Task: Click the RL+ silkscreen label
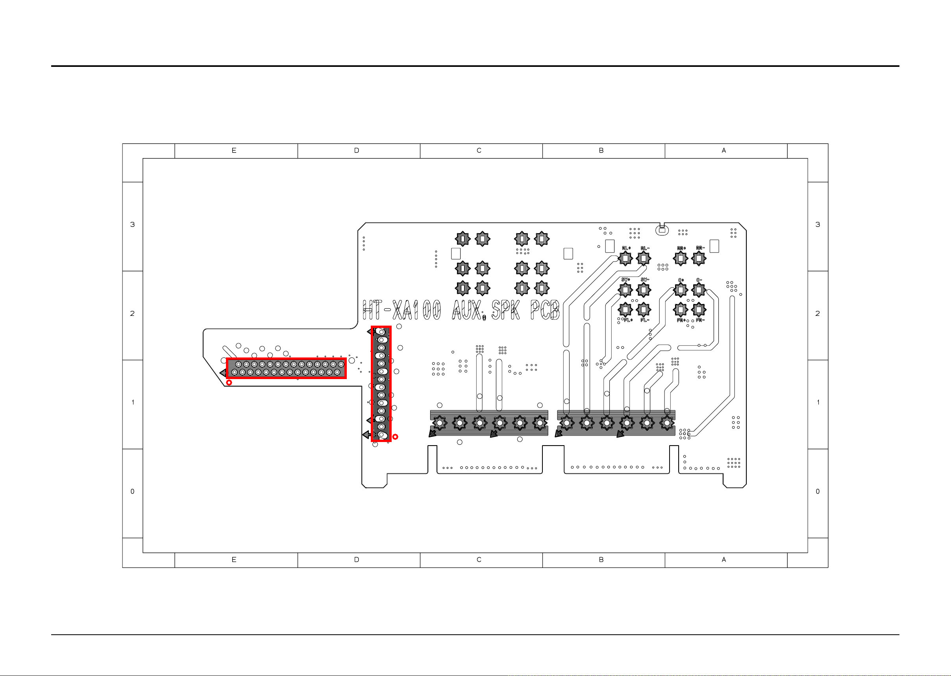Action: [x=626, y=248]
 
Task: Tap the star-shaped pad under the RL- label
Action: [x=644, y=258]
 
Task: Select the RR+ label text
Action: [x=681, y=248]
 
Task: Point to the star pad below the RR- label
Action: [x=699, y=258]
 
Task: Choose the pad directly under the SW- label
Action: [x=644, y=290]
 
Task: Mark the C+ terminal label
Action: [x=681, y=280]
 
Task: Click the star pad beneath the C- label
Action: [x=699, y=290]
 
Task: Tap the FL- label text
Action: [x=645, y=320]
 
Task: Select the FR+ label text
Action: [x=681, y=320]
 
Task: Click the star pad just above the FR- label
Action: [x=699, y=309]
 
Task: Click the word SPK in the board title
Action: [x=506, y=310]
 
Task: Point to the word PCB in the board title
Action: [x=545, y=310]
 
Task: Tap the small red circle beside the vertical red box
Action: [x=395, y=437]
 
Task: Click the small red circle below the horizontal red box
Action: [x=229, y=383]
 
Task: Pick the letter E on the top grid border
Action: [x=234, y=151]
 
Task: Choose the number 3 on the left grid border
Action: [x=133, y=225]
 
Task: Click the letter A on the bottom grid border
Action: [x=724, y=560]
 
